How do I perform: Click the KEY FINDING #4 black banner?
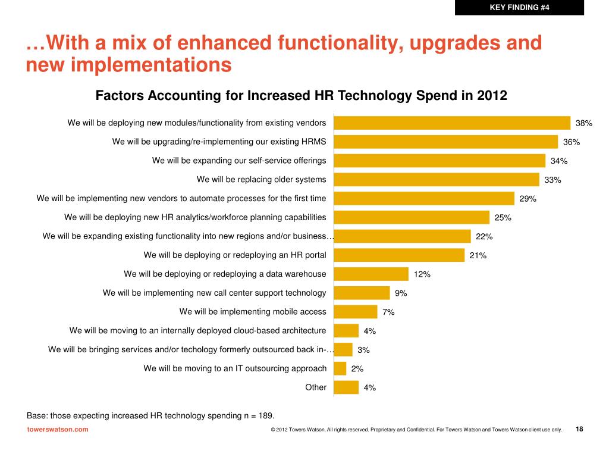click(519, 7)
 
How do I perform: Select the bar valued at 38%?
click(453, 123)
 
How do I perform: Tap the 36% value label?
click(572, 142)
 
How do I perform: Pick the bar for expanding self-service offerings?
click(440, 161)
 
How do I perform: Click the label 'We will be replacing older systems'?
click(261, 179)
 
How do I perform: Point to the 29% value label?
click(528, 199)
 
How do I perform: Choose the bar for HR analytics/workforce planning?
click(412, 217)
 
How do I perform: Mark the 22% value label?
click(484, 237)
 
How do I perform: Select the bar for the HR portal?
click(400, 255)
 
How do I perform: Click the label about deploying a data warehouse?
click(225, 274)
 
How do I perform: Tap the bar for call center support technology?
click(362, 293)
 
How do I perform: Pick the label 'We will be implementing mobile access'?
click(253, 311)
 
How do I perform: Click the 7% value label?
click(388, 312)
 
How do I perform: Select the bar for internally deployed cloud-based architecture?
click(347, 330)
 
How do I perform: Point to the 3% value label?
click(363, 350)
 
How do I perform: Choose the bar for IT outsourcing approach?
click(341, 368)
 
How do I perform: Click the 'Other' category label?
click(316, 387)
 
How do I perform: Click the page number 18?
click(580, 429)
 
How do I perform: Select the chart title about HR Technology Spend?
click(302, 96)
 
